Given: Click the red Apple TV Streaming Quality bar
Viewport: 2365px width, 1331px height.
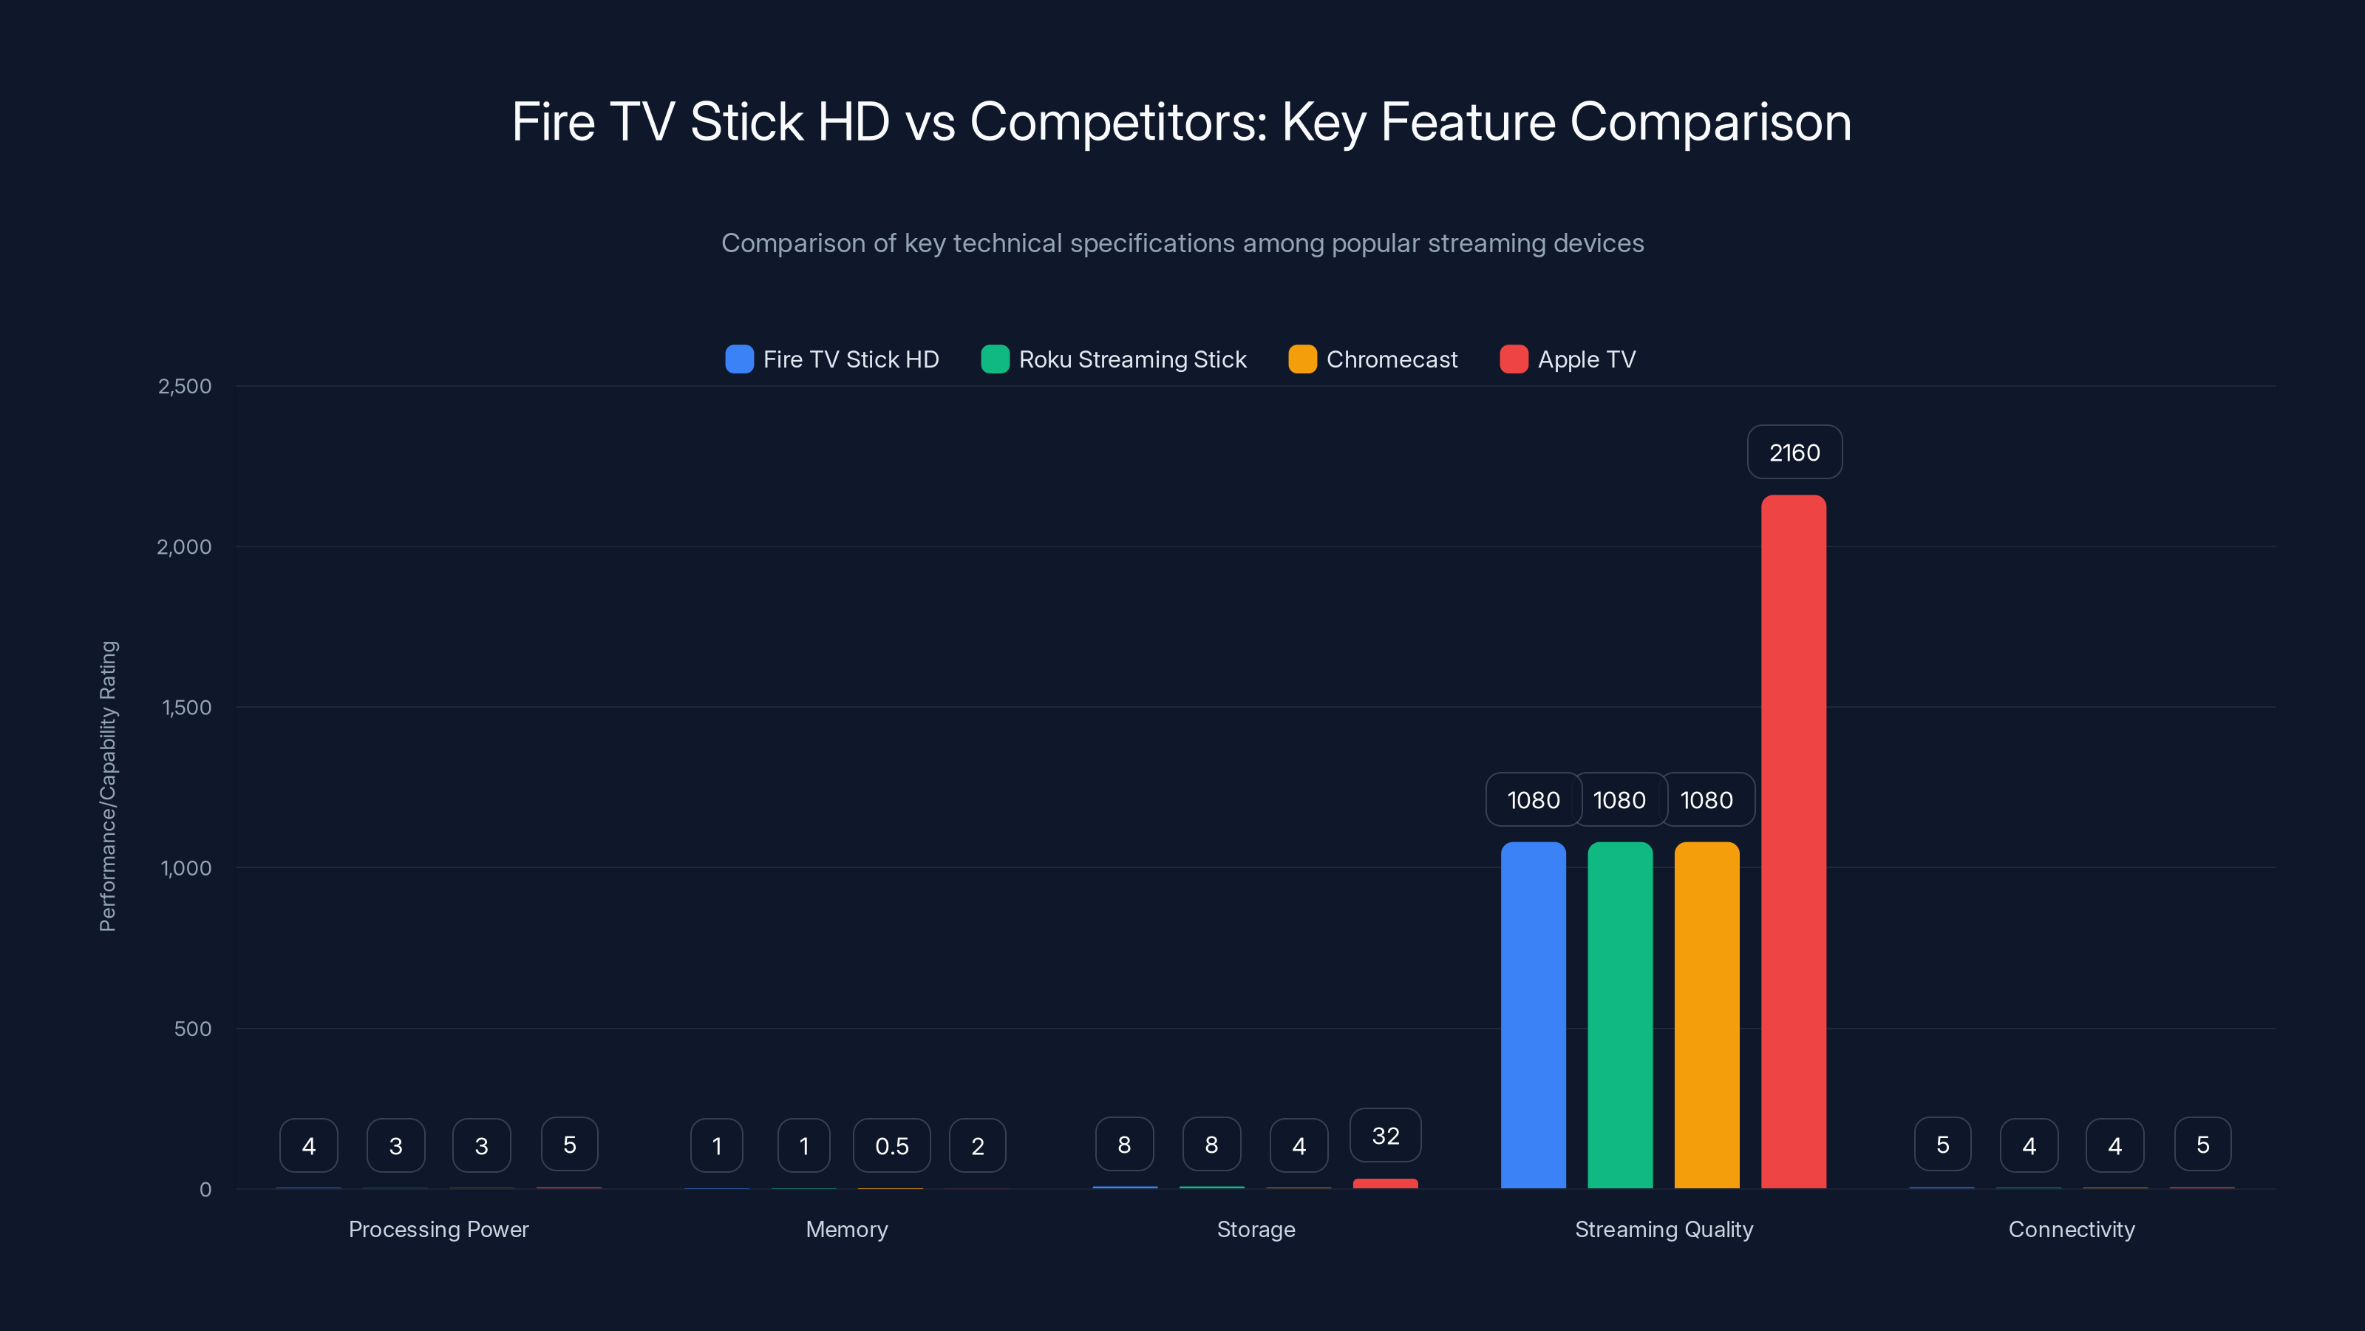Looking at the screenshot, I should tap(1793, 841).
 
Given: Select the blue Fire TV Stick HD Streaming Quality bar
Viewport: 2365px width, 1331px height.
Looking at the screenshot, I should tap(1534, 1015).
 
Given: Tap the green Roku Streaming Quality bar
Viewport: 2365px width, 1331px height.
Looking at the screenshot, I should tap(1619, 1015).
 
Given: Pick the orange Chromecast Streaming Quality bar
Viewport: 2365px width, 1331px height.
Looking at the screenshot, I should tap(1706, 1015).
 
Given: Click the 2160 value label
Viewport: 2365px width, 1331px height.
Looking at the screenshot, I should tap(1794, 452).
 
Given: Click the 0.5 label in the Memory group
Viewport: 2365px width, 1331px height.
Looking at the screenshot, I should tap(891, 1145).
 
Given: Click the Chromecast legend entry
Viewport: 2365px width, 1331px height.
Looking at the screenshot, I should tap(1372, 359).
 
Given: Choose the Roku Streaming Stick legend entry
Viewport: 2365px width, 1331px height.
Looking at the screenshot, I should tap(1114, 359).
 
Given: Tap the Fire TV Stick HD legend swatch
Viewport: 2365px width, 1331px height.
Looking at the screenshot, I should tap(739, 359).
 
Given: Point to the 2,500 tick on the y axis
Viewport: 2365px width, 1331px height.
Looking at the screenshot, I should tap(185, 386).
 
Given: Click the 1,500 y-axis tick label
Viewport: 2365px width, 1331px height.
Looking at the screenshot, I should tap(186, 708).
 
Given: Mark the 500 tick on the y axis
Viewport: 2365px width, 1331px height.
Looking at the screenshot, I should tap(193, 1029).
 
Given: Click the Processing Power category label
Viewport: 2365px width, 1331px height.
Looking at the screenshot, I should tap(438, 1229).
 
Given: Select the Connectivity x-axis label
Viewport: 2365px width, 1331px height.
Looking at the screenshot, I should tap(2071, 1229).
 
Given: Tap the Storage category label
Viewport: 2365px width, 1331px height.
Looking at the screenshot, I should tap(1255, 1229).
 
